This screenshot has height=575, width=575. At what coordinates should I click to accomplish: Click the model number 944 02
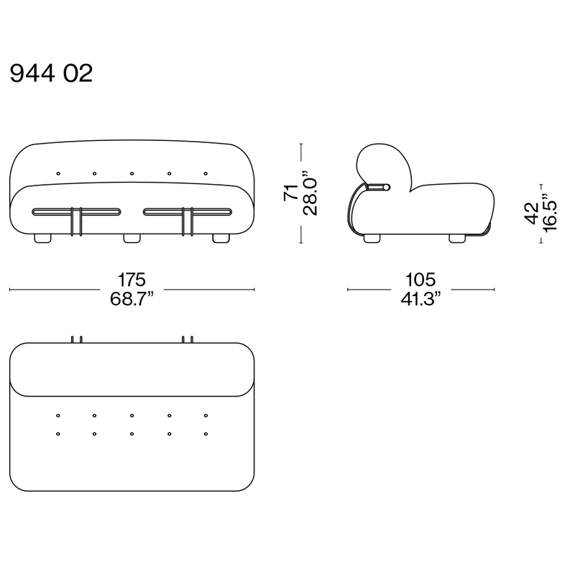51,73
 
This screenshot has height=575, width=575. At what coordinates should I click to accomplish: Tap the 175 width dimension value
132,280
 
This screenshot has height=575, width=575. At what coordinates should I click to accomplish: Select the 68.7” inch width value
132,299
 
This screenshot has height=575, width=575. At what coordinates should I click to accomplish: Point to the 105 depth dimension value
420,280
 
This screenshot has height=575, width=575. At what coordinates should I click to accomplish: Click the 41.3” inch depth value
420,299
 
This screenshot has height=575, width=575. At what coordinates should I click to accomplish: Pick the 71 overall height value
291,192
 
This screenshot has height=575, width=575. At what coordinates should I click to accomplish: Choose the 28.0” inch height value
310,192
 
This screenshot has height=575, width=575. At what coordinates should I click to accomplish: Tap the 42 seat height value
532,213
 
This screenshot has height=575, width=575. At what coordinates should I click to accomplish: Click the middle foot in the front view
132,239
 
